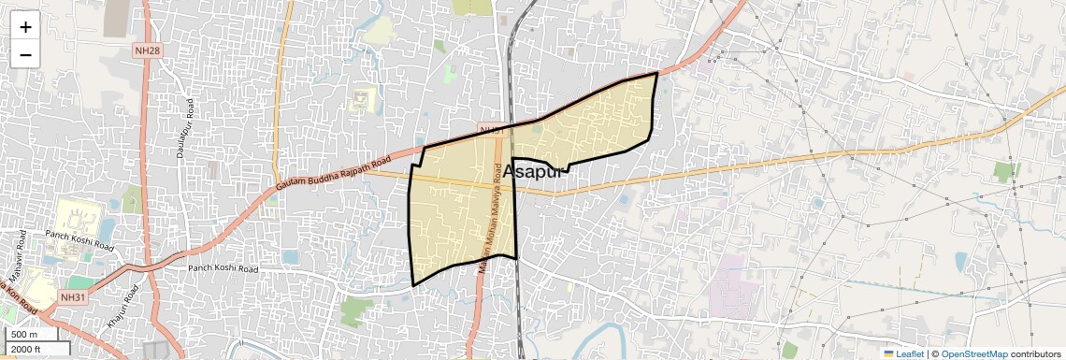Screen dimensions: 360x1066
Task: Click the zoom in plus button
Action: point(25,27)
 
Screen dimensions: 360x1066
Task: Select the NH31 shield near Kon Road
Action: point(71,296)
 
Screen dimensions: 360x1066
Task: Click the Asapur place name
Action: point(536,171)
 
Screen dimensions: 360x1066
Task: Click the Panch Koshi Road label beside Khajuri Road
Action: point(223,268)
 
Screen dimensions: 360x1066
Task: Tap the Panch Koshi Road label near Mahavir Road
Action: point(79,241)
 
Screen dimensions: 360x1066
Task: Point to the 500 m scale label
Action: point(25,335)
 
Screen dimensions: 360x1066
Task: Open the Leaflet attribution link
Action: point(910,354)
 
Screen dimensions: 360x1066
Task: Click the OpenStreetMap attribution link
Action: point(973,354)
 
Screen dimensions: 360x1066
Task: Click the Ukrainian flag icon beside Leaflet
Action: point(888,354)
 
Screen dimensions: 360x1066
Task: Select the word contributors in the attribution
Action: point(1036,354)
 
